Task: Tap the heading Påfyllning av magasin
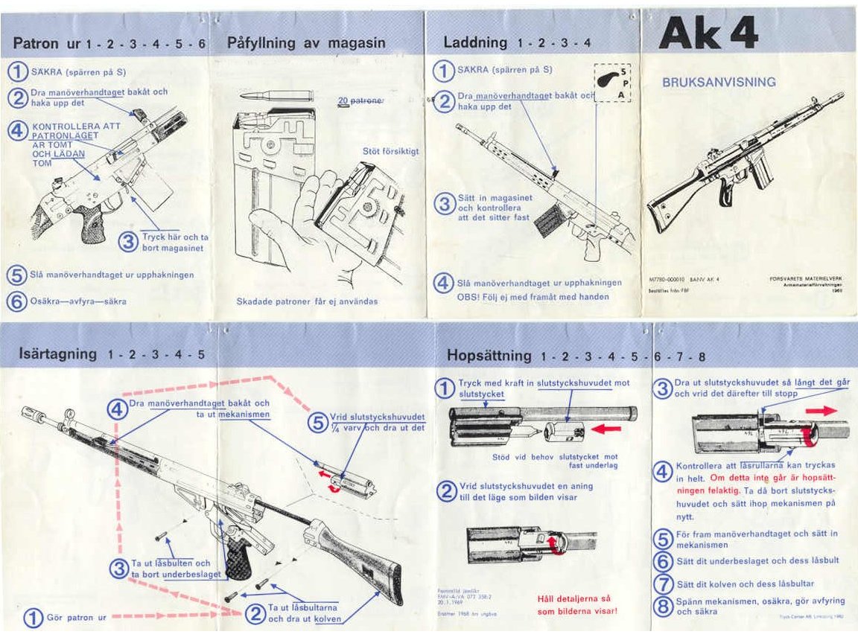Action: [306, 42]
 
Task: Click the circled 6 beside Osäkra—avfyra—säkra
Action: [16, 301]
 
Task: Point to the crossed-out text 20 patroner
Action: [360, 100]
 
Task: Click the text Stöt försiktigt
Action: [390, 152]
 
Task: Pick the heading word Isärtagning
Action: [57, 354]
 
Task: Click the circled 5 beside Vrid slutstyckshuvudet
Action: [317, 422]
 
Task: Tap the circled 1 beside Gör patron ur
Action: [33, 617]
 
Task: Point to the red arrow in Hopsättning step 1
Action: [608, 429]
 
